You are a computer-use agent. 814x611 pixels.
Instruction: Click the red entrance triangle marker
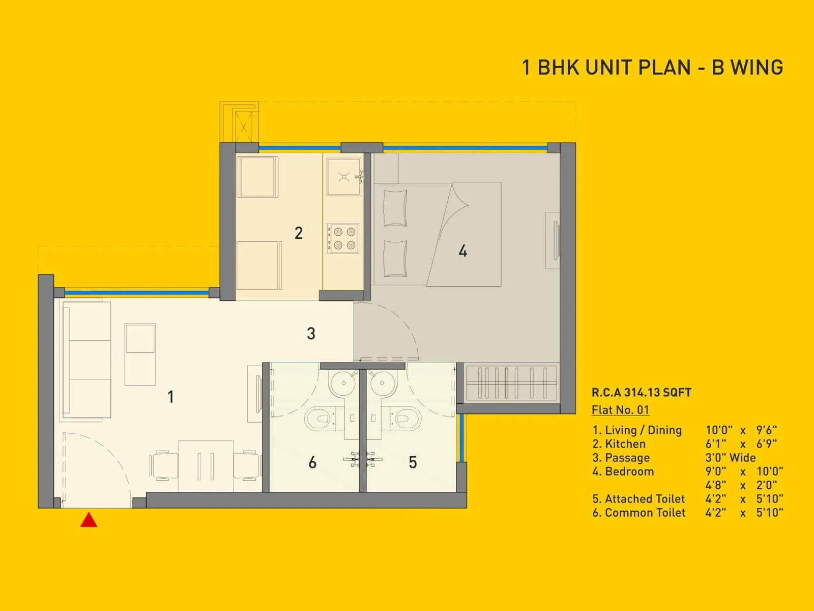(89, 520)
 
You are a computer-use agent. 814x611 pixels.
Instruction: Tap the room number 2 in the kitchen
(299, 233)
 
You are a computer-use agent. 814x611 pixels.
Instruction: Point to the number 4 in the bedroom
(462, 251)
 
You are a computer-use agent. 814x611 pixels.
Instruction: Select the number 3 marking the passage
(311, 334)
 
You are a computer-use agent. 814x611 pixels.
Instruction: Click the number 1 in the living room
(171, 397)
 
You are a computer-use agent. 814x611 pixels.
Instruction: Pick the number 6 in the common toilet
(312, 462)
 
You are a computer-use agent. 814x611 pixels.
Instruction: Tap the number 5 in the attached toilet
(413, 462)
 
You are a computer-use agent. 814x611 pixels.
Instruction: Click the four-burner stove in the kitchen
(344, 239)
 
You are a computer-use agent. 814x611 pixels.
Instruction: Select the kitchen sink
(344, 176)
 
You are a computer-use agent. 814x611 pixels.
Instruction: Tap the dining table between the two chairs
(206, 466)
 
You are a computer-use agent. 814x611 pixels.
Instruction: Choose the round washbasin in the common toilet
(343, 383)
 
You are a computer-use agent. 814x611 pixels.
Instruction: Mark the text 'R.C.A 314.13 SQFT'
(641, 393)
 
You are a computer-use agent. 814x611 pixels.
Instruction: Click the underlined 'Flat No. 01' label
(620, 410)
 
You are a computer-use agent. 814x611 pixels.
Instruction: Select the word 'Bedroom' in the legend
(629, 471)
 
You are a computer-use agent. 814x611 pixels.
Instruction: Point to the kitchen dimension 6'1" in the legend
(716, 444)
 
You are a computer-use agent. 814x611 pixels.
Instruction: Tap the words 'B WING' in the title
(747, 68)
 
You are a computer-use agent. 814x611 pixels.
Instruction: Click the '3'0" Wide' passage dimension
(730, 458)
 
